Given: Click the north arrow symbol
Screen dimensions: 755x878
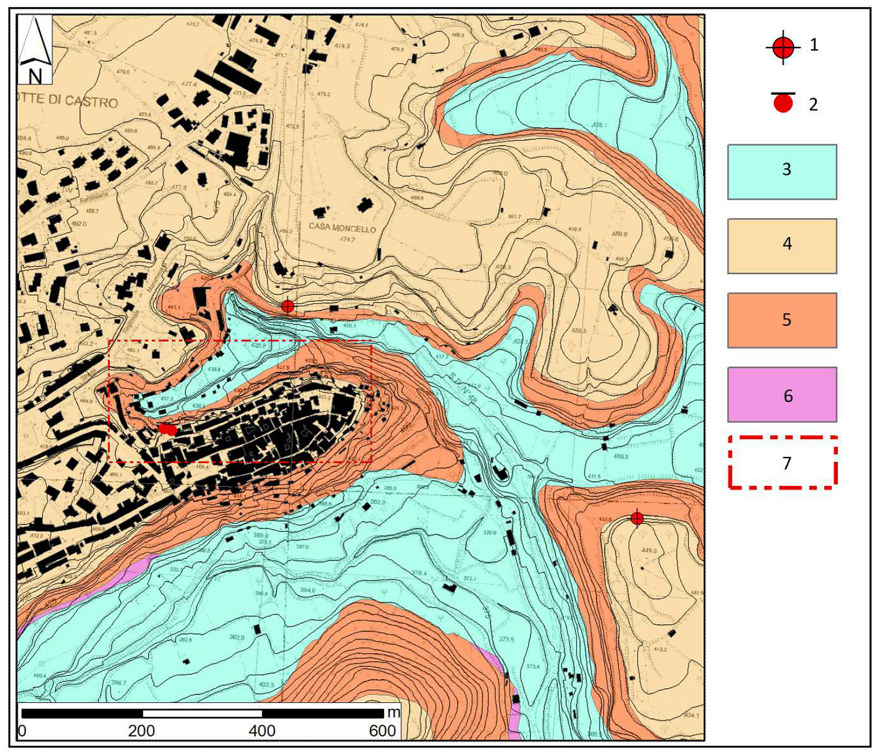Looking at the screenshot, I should click(35, 40).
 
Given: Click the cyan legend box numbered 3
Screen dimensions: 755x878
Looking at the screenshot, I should click(781, 172).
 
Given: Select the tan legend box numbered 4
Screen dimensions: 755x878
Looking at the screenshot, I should click(781, 245).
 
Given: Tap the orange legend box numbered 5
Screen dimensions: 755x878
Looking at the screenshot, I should click(781, 320).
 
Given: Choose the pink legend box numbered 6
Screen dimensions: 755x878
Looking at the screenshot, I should click(781, 395).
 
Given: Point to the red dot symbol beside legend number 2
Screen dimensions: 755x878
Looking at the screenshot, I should click(783, 104).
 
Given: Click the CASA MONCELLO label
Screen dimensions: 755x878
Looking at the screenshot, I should click(342, 228).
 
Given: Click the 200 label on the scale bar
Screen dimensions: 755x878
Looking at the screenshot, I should click(141, 731).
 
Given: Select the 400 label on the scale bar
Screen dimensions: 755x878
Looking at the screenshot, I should click(262, 731).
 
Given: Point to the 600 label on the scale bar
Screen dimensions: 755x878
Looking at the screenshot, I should click(382, 731).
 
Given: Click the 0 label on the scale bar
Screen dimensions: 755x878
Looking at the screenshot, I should click(23, 731).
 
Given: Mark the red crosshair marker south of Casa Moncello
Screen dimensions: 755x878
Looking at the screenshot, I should click(287, 306).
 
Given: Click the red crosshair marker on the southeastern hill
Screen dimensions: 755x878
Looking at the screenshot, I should click(637, 518).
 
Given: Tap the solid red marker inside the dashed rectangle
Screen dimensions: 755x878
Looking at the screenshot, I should click(168, 429).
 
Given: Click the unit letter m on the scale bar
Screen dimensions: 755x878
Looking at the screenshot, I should click(393, 712).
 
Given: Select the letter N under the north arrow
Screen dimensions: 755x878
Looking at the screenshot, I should click(35, 76).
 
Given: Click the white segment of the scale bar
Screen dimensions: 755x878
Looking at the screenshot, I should click(202, 713).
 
